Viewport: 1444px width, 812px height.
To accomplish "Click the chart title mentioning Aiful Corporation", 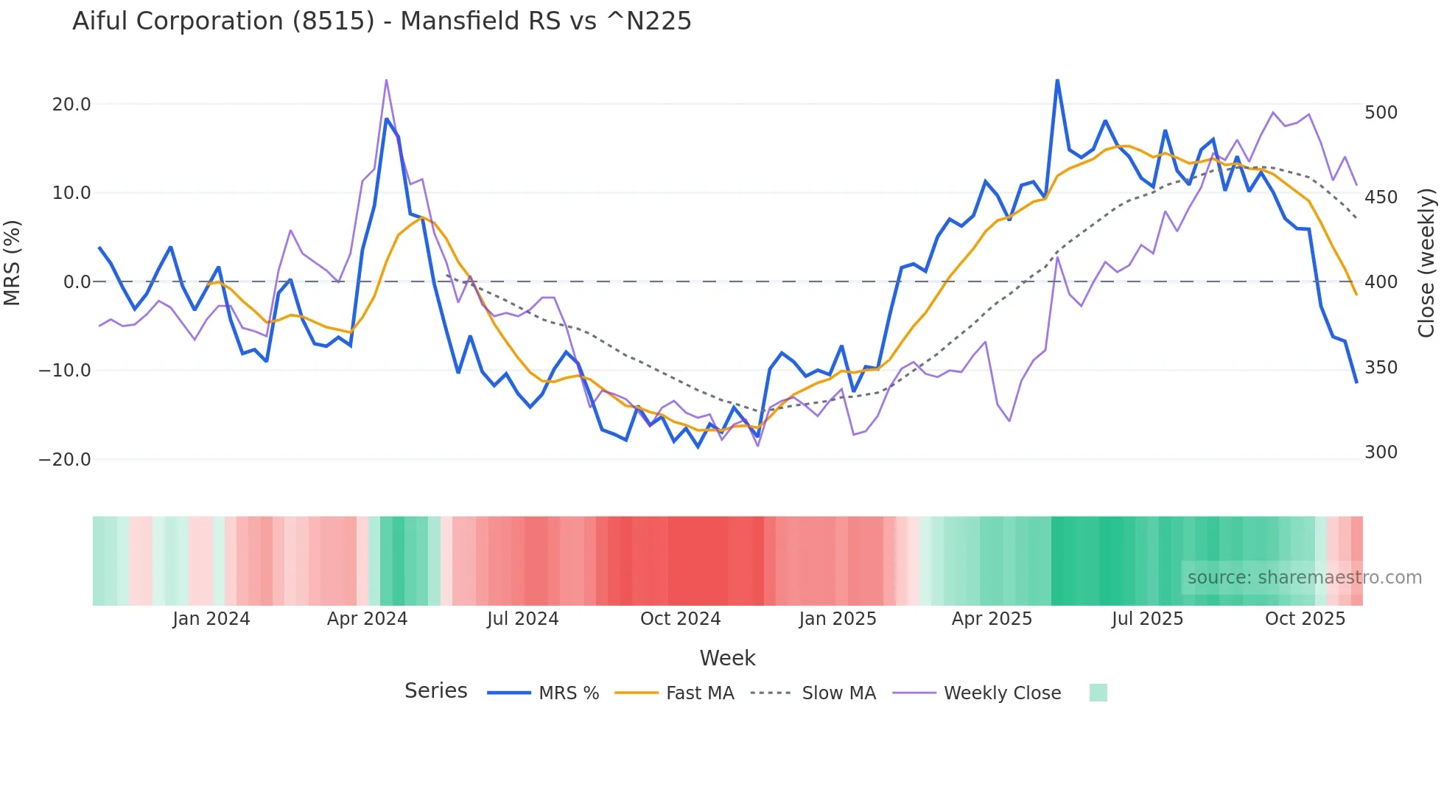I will pos(382,21).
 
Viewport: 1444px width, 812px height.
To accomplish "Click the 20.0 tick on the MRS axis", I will pos(71,105).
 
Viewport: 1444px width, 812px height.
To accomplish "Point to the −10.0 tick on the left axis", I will pos(65,371).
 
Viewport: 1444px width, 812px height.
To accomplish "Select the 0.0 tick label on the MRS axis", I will pos(77,282).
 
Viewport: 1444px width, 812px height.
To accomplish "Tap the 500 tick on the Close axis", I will pos(1381,113).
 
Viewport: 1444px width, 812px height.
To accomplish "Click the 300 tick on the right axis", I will pos(1381,452).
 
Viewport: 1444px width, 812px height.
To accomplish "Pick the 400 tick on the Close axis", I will pos(1381,282).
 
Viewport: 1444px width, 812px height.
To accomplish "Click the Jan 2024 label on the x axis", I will pos(211,619).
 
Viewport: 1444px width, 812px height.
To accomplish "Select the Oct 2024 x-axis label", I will pos(680,619).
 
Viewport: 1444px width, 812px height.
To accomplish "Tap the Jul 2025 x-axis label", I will pos(1147,619).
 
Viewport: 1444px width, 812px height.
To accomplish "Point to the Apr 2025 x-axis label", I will pos(992,619).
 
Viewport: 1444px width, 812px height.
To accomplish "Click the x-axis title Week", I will pos(727,658).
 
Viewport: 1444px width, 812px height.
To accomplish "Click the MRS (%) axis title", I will pos(13,263).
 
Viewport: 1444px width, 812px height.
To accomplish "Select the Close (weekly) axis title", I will pos(1426,263).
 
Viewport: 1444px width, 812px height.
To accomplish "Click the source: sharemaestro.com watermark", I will pos(1304,578).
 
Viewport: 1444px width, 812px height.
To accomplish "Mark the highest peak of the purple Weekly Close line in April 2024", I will pos(386,80).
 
